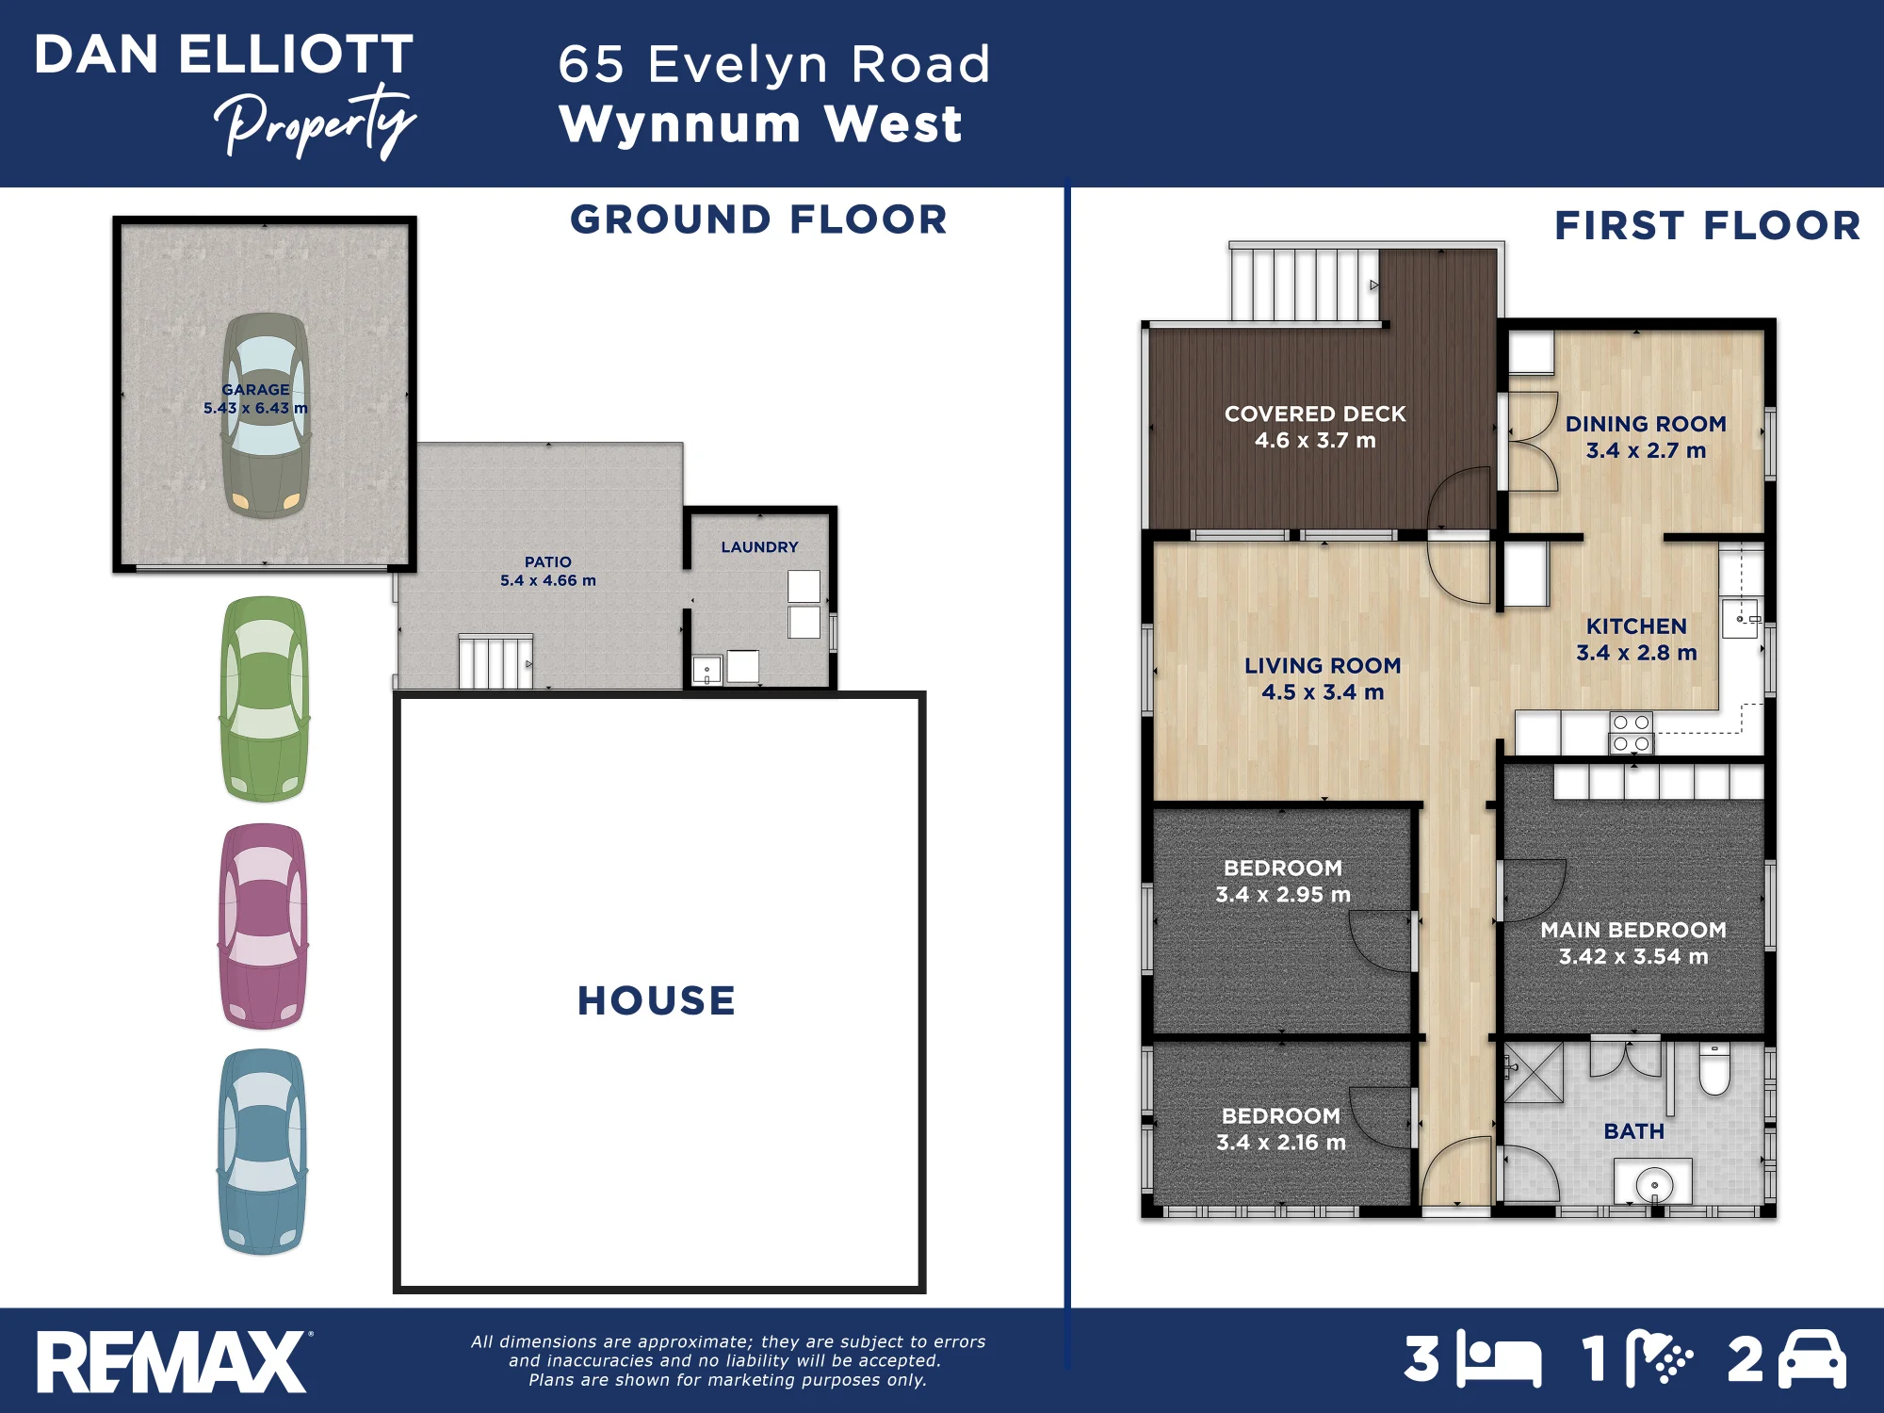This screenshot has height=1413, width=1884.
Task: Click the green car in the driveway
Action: (x=265, y=699)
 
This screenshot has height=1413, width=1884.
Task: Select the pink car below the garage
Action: (x=264, y=926)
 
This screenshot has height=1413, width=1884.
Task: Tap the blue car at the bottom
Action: (x=263, y=1152)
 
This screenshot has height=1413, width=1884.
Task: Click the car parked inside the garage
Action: (x=266, y=415)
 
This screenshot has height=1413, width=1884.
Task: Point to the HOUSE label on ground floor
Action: (x=657, y=1000)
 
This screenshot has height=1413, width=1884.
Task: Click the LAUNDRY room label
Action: (x=759, y=547)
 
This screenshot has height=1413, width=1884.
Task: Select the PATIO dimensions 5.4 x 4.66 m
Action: (x=548, y=580)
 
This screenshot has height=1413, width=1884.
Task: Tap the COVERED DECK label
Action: (x=1315, y=414)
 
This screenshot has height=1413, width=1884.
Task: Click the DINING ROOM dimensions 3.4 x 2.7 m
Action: (x=1646, y=450)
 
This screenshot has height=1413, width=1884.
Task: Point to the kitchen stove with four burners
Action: (x=1631, y=733)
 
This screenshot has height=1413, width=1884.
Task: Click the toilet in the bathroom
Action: (x=1714, y=1070)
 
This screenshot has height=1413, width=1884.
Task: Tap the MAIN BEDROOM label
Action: (x=1633, y=930)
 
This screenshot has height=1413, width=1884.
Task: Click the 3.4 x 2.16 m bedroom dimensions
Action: (x=1281, y=1143)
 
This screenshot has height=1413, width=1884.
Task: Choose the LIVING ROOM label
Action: (x=1323, y=665)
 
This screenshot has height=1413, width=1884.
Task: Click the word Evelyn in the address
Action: (x=738, y=65)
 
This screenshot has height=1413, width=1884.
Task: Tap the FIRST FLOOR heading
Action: (x=1708, y=225)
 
